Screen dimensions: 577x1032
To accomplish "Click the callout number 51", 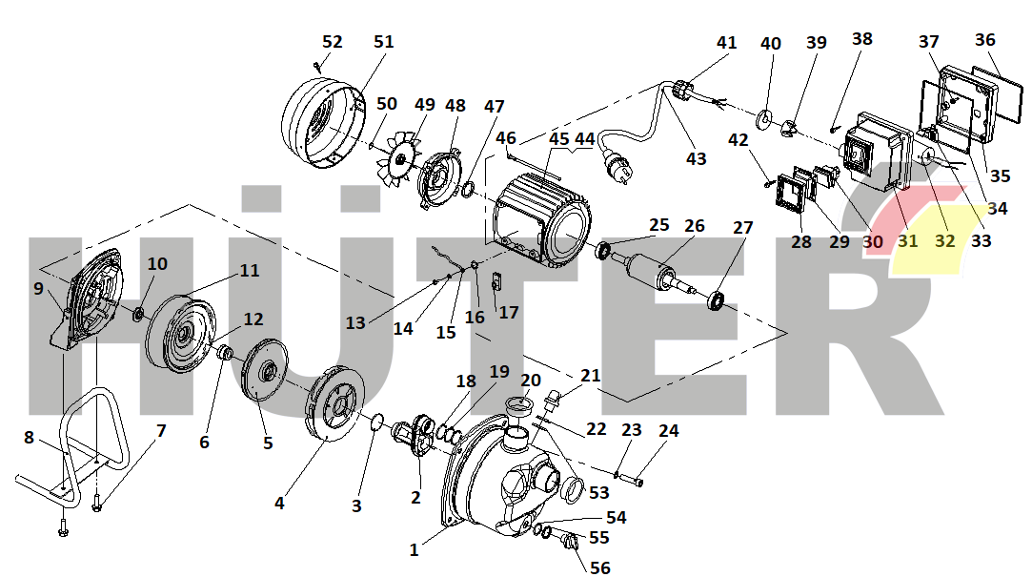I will coord(383,42).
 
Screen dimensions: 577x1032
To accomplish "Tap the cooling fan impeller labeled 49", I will coord(400,158).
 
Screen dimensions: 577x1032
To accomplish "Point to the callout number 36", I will coord(984,40).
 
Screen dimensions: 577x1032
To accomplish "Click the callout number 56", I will coord(599,567).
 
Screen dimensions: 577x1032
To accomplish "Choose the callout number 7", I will coord(161,431).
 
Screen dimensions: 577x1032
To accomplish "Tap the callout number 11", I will coord(249,270).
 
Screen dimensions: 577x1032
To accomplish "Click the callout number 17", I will coord(509,312).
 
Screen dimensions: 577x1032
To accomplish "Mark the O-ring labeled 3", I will coord(375,421).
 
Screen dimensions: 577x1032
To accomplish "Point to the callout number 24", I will coord(669,431).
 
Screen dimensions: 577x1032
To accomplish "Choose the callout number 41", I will coord(726,43).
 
